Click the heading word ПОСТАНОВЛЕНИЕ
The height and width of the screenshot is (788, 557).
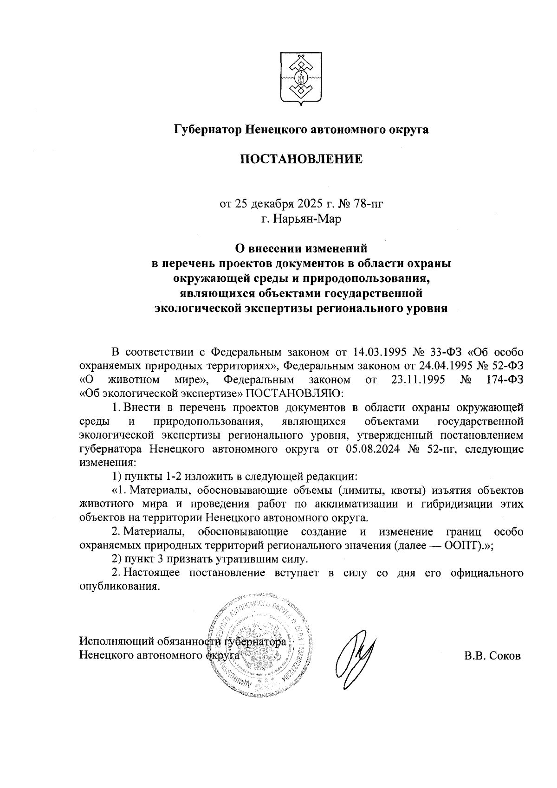(x=300, y=160)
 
